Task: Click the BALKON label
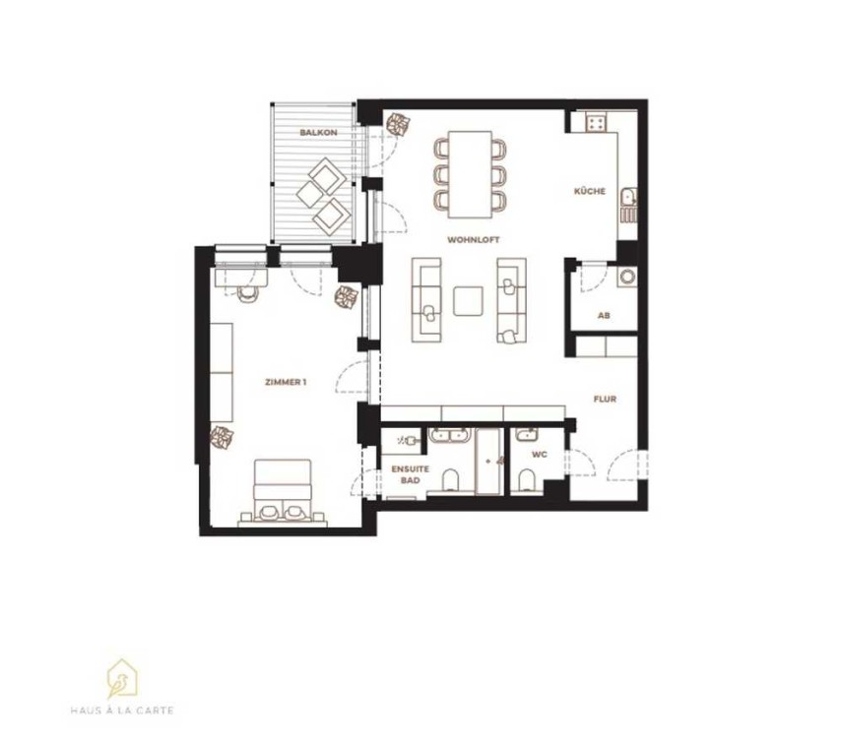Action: click(x=319, y=132)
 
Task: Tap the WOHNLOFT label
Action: click(x=473, y=239)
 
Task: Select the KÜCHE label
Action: click(x=590, y=191)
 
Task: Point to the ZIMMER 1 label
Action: click(x=286, y=382)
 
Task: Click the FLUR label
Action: click(x=605, y=399)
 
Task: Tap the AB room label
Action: click(x=604, y=315)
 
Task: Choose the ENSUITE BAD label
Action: click(x=411, y=474)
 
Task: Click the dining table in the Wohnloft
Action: click(x=471, y=174)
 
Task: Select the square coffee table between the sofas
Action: click(x=468, y=301)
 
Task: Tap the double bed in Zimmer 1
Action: click(x=283, y=491)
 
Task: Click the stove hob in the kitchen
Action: click(x=596, y=123)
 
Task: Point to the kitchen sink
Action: click(x=628, y=197)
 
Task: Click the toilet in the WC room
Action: click(x=528, y=479)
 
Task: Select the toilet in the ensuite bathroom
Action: click(x=450, y=479)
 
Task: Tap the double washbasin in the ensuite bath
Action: click(x=449, y=435)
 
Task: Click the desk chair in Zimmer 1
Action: click(x=248, y=295)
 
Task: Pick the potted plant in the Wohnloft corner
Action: click(x=399, y=125)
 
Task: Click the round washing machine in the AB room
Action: click(x=627, y=278)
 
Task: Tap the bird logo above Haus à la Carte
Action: click(x=122, y=678)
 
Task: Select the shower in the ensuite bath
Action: click(x=489, y=462)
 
